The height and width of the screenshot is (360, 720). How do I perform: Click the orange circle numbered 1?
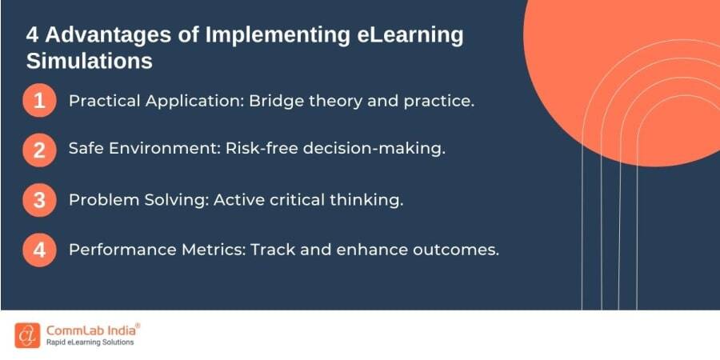39,100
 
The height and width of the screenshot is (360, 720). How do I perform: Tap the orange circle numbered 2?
39,150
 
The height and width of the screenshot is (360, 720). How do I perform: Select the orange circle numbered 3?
39,200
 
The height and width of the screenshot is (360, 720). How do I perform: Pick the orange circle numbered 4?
39,250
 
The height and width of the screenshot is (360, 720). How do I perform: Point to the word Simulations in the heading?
90,61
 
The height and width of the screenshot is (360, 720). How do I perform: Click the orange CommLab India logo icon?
27,336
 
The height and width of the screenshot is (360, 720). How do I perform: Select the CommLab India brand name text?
90,330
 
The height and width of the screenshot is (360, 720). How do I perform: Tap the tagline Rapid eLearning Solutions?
90,342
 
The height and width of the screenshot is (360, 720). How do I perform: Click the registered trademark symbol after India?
138,326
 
